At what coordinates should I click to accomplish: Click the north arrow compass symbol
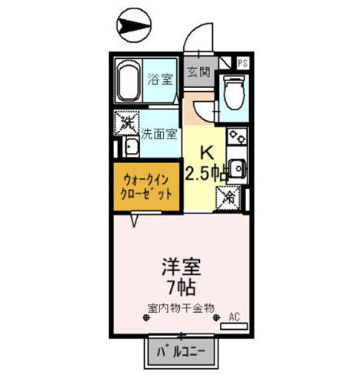pos(133,25)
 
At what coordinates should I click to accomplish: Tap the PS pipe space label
pos(243,63)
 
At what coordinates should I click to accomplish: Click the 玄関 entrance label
pos(198,72)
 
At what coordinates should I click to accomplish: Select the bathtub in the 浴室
pos(128,81)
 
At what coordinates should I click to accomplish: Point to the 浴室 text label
pos(160,80)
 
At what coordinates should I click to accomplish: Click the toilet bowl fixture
pos(234,92)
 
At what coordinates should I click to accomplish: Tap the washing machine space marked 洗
pos(126,123)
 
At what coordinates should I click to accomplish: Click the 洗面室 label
pos(159,134)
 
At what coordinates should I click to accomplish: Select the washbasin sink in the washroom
pos(132,147)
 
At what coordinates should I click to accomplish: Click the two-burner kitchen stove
pos(237,136)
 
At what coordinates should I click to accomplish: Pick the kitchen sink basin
pos(237,168)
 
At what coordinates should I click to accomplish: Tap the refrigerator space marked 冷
pos(227,199)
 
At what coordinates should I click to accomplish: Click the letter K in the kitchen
pos(207,153)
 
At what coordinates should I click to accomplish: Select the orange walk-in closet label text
pos(146,187)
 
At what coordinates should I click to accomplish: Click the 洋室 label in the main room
pos(182,267)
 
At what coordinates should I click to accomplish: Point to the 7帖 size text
pos(182,288)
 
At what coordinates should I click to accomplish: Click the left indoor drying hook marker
pos(146,318)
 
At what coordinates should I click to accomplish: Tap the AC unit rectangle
pos(234,326)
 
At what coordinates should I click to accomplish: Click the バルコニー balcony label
pos(181,352)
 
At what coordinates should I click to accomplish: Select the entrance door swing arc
pos(194,33)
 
